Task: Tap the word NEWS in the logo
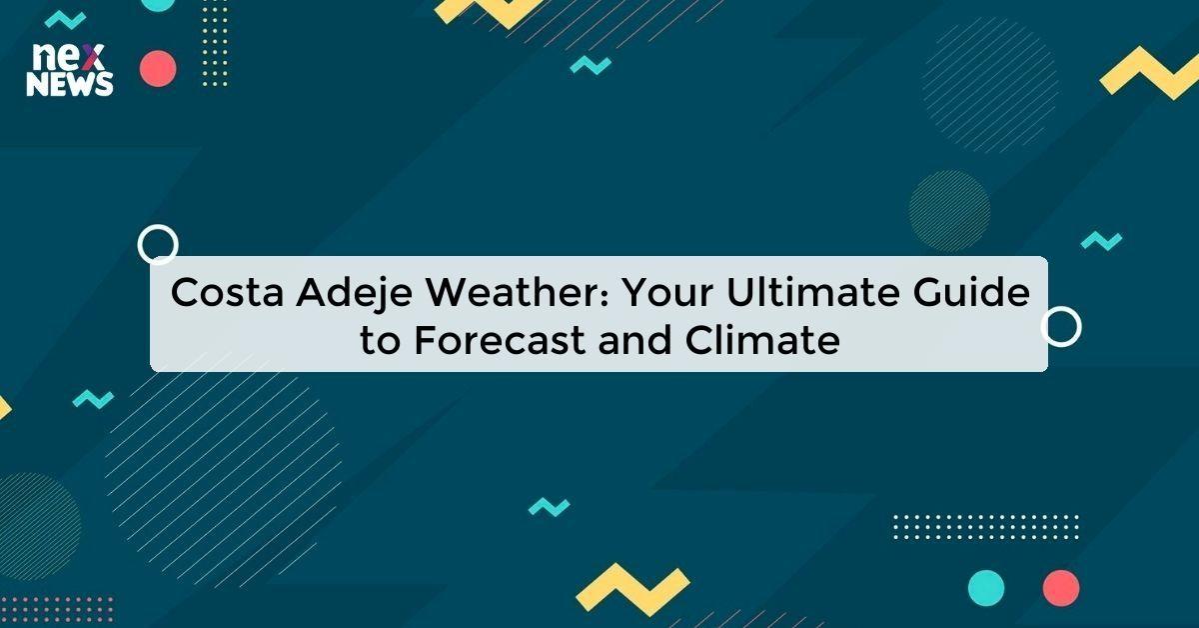coord(70,85)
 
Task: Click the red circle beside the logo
coord(158,69)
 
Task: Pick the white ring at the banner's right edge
coord(1061,326)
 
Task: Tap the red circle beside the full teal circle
coord(1061,587)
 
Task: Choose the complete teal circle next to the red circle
coord(986,587)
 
